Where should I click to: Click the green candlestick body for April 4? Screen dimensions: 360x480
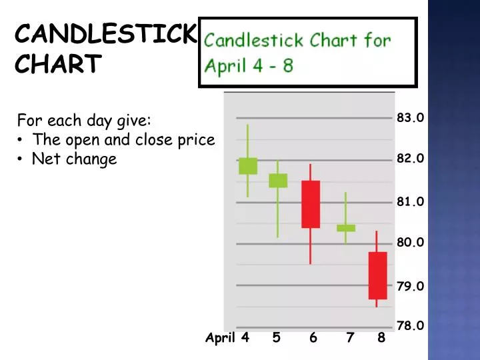tap(247, 166)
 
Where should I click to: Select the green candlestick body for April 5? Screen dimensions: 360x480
tap(278, 181)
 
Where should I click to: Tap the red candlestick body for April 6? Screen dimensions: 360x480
tap(311, 204)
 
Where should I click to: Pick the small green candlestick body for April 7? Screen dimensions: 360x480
tap(346, 228)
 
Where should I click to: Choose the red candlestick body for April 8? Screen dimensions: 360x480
tap(377, 275)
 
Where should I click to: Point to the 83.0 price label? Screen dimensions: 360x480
tap(410, 118)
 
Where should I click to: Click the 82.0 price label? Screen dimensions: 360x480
tap(410, 159)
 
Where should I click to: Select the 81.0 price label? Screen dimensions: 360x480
tap(410, 201)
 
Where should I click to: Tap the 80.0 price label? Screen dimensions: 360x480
tap(410, 243)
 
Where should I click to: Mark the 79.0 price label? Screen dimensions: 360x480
tap(410, 286)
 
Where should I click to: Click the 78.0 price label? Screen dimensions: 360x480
tap(410, 326)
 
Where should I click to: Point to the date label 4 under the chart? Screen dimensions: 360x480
tap(245, 337)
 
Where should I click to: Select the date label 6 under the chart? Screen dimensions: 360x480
tap(313, 338)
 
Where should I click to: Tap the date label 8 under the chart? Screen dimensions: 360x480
tap(381, 338)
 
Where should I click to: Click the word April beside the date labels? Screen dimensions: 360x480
tap(220, 338)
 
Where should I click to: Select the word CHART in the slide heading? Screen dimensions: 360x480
tap(58, 65)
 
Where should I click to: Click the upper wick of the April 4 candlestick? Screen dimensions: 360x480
tap(247, 141)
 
